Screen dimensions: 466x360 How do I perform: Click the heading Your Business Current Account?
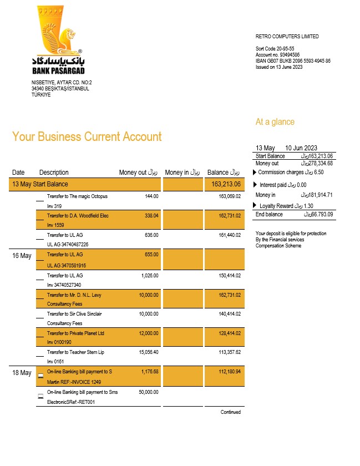pos(87,136)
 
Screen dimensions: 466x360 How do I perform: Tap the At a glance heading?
pos(275,122)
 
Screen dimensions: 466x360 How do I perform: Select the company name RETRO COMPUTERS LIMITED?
pos(287,37)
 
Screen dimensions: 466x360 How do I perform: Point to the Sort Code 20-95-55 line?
pos(275,49)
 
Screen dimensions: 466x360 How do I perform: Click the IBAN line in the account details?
pos(293,60)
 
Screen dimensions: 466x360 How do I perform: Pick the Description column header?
pos(54,173)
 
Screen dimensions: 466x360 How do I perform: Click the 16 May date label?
pos(22,256)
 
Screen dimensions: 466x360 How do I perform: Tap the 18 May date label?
pos(22,373)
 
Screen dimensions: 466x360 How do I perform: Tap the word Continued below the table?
pos(230,412)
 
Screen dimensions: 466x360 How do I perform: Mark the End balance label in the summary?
pos(269,214)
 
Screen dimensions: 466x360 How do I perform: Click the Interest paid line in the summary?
pos(283,185)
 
